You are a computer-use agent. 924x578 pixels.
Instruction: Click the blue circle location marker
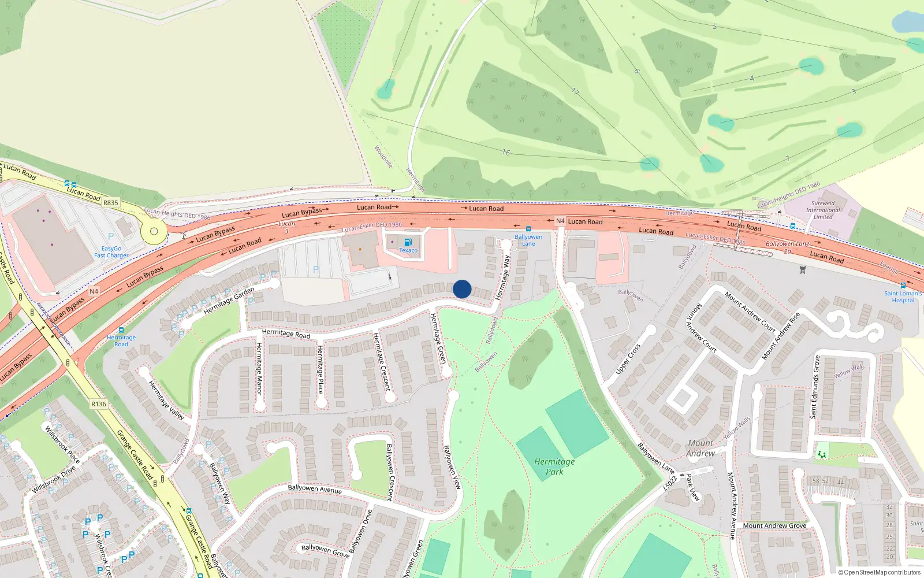462,289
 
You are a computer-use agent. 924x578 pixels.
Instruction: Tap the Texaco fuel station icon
408,242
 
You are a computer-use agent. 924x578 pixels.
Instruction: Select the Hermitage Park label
554,466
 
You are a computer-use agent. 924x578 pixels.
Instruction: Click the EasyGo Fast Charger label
111,252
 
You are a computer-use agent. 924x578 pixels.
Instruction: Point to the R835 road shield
110,203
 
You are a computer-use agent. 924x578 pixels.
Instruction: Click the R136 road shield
99,404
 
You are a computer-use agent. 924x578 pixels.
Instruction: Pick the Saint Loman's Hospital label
903,297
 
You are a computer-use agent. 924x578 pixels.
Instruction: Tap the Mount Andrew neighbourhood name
701,448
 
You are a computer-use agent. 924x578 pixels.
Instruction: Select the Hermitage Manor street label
259,368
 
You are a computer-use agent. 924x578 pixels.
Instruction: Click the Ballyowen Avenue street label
315,489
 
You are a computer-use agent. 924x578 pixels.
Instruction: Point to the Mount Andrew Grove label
774,525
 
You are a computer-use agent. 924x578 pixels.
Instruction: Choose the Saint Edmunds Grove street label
815,387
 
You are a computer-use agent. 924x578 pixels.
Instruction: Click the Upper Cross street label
628,359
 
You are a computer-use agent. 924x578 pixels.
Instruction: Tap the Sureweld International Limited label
823,210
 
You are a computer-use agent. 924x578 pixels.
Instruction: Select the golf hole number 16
506,153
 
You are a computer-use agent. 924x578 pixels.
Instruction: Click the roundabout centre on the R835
154,231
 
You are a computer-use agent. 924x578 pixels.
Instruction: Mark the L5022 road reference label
669,482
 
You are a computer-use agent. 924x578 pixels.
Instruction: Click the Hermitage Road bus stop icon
121,329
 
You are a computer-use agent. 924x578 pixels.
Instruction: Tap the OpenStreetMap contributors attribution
880,572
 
